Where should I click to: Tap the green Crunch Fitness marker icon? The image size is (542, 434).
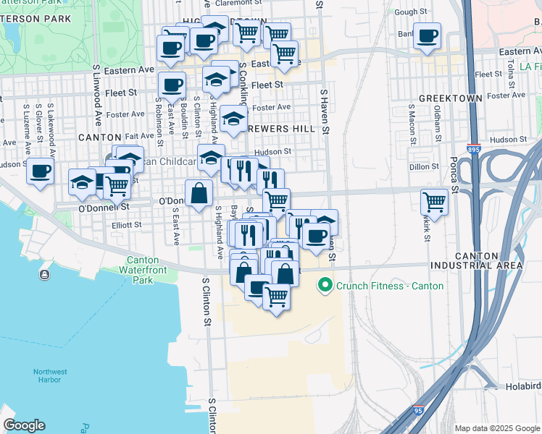[x=325, y=285]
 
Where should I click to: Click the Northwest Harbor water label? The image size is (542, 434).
[x=50, y=376]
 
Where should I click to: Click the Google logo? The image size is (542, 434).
[x=24, y=425]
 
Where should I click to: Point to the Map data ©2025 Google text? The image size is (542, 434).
[x=497, y=428]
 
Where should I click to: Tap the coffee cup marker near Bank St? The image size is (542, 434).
[x=427, y=35]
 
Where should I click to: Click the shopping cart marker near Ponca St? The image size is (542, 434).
[x=434, y=201]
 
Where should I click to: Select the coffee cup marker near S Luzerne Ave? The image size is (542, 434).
[x=40, y=171]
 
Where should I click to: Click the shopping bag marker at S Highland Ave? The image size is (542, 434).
[x=199, y=193]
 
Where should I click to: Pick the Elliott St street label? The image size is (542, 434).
[x=127, y=225]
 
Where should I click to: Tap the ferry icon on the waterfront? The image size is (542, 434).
[x=45, y=274]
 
